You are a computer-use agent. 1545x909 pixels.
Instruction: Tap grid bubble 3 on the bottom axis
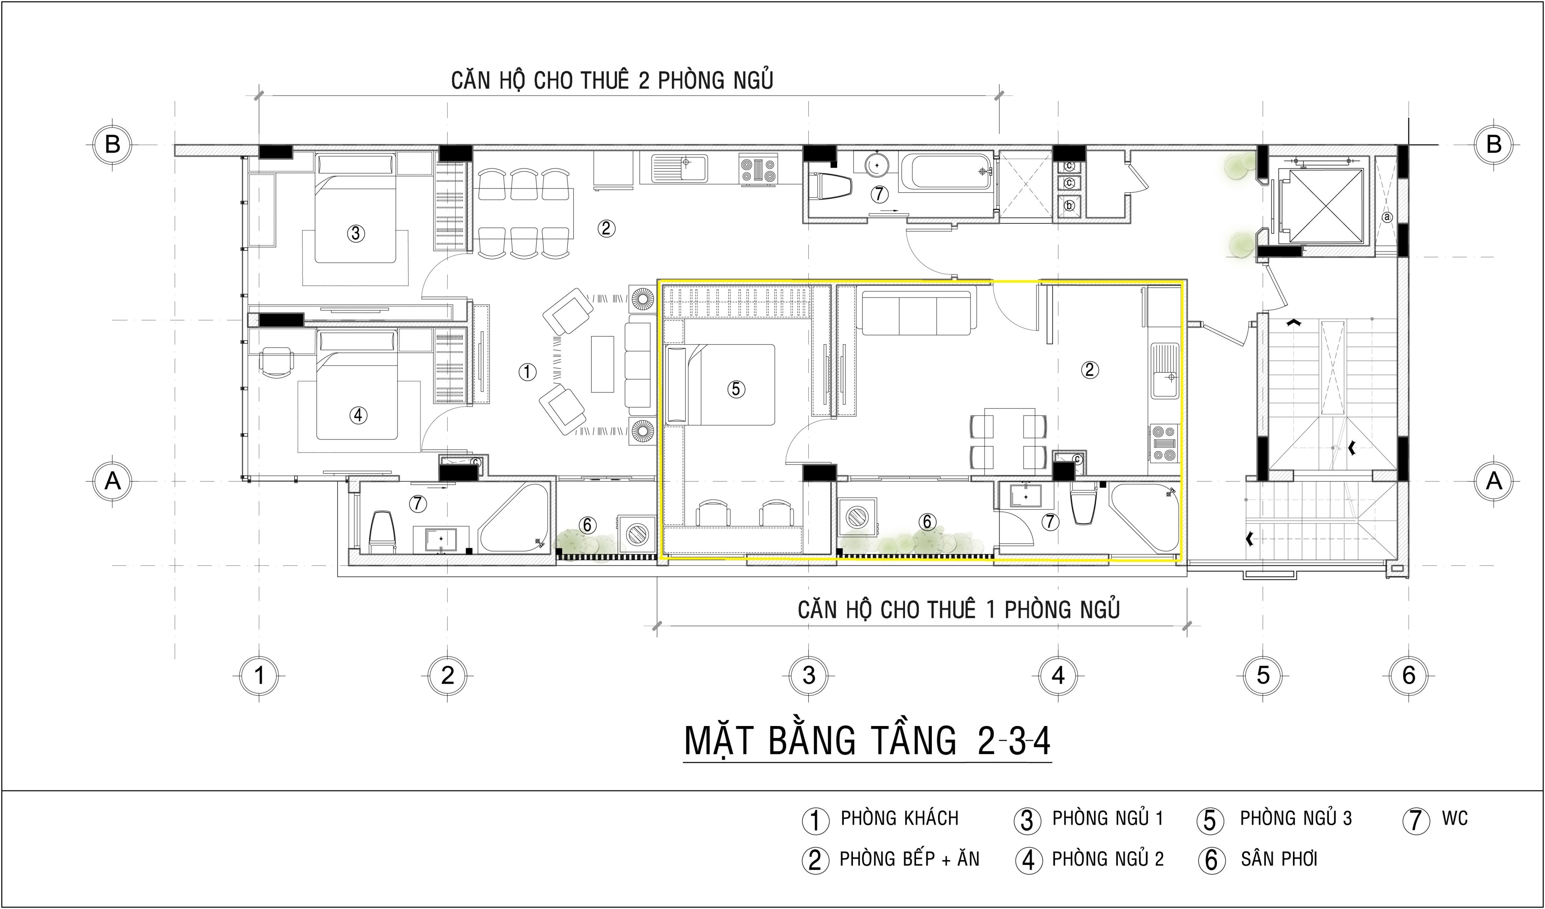click(x=809, y=676)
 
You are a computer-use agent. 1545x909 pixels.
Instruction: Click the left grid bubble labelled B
click(x=112, y=145)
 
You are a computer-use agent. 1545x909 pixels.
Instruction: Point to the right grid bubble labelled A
click(x=1494, y=481)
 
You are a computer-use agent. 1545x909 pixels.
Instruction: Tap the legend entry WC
click(x=1454, y=818)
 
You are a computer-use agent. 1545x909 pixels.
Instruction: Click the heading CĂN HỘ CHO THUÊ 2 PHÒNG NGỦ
click(x=612, y=80)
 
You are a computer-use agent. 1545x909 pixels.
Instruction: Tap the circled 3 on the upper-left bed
click(x=356, y=233)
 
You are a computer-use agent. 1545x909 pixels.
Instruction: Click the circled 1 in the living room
click(x=527, y=371)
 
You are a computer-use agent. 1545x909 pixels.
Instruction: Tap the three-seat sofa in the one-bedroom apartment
click(x=916, y=313)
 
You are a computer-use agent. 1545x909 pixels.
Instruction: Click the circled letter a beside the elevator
click(x=1387, y=217)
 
